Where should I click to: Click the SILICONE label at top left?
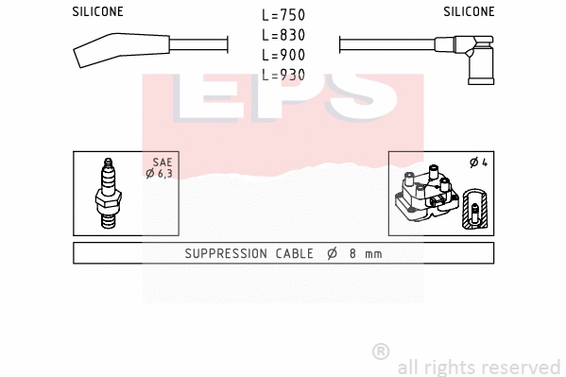pyautogui.click(x=97, y=12)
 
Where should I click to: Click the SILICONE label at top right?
pyautogui.click(x=469, y=12)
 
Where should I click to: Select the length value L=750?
pyautogui.click(x=284, y=16)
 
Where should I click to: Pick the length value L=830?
pyautogui.click(x=284, y=36)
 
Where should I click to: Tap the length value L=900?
pyautogui.click(x=284, y=55)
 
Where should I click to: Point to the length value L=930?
pyautogui.click(x=284, y=75)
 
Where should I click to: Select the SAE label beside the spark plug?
pyautogui.click(x=162, y=163)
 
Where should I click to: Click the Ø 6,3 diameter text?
pyautogui.click(x=159, y=173)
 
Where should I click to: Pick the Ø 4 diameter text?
pyautogui.click(x=477, y=163)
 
